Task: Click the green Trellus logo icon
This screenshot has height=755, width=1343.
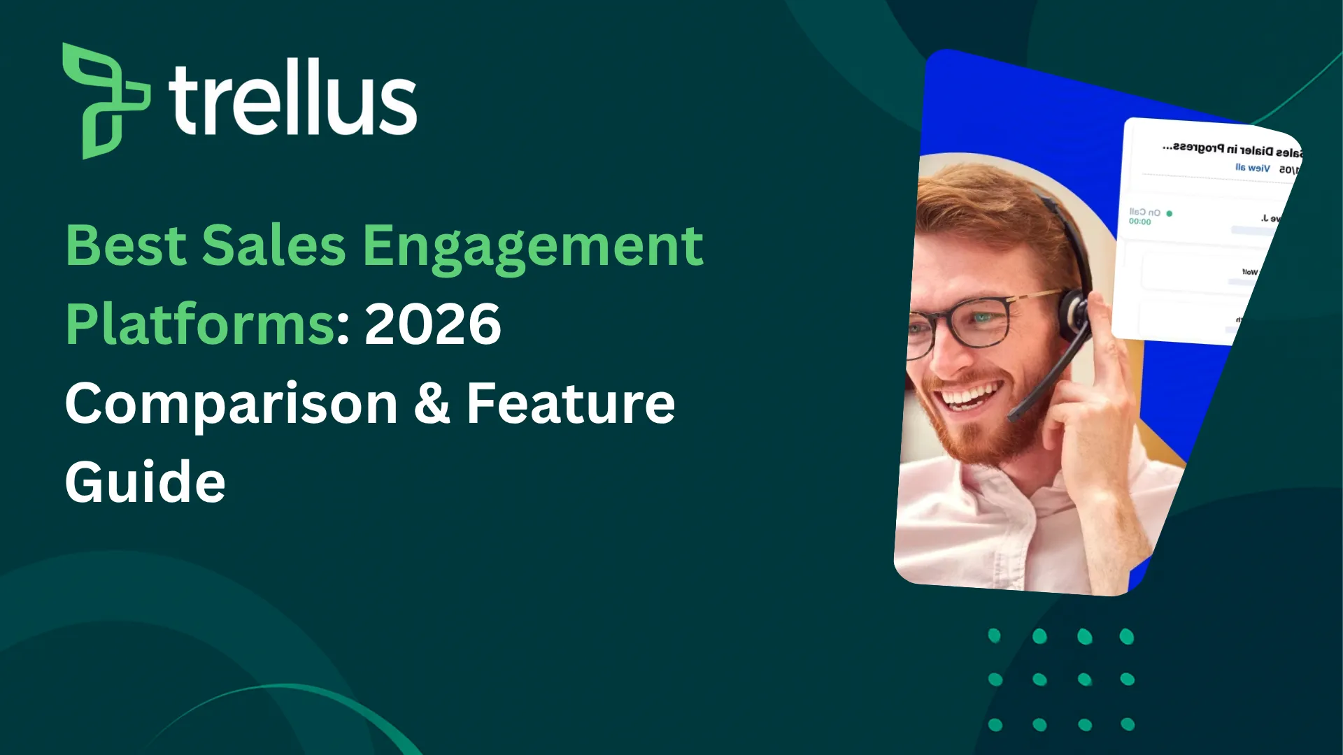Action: point(105,101)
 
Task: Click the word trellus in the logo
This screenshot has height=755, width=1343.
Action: point(292,98)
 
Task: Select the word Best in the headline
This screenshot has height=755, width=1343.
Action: point(126,246)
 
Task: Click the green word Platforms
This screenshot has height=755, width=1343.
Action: point(200,324)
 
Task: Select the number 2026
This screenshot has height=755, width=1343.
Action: point(432,324)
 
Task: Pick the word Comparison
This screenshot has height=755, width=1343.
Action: point(231,404)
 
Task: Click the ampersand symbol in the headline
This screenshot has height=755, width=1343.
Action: point(432,404)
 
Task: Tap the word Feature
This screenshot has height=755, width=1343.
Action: point(570,404)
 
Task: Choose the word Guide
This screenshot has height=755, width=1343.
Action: point(145,482)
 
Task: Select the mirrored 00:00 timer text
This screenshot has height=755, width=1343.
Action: point(1139,222)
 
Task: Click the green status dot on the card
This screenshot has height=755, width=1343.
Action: point(1170,213)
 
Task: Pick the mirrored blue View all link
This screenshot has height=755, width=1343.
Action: point(1252,168)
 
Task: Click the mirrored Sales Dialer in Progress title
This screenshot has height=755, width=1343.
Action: point(1231,150)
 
